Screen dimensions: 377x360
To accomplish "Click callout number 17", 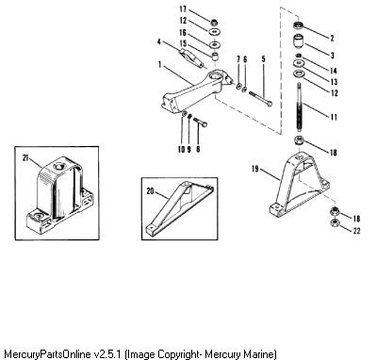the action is (x=183, y=9).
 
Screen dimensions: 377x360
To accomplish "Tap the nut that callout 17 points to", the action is (x=214, y=22).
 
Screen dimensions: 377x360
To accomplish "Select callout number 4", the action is (x=159, y=41).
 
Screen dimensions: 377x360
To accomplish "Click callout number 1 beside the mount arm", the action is (x=160, y=65).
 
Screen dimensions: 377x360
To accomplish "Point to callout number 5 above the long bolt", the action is (x=263, y=58).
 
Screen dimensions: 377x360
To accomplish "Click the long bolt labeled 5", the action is (x=260, y=98).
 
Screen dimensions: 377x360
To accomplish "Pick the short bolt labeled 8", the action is (x=200, y=123).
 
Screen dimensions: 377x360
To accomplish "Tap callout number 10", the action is (x=181, y=149).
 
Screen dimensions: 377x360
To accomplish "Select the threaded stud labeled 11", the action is (x=300, y=106).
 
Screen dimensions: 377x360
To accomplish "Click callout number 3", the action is (x=333, y=56).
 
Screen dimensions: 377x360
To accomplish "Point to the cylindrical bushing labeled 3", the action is (x=299, y=41).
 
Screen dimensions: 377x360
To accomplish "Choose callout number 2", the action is (x=332, y=38).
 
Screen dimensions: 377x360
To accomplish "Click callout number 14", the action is (x=333, y=71).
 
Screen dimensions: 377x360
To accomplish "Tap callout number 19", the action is (x=255, y=169).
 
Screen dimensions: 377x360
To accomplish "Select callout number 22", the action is (x=356, y=231).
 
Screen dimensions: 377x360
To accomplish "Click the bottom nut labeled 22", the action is (x=335, y=224).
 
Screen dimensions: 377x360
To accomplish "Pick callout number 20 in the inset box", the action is (x=150, y=191).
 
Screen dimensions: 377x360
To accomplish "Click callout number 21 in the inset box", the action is (x=25, y=158).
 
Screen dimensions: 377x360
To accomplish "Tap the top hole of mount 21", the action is (x=58, y=166).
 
